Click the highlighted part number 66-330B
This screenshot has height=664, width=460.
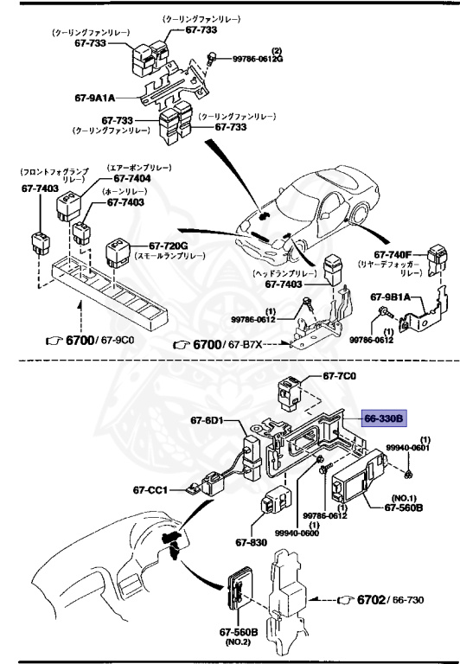(x=382, y=418)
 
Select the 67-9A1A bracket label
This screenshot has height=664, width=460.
(x=95, y=98)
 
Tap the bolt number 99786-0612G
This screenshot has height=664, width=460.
(x=257, y=59)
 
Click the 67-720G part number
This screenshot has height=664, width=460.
(x=168, y=246)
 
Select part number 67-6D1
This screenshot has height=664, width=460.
(x=207, y=421)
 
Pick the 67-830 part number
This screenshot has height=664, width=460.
(x=248, y=544)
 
